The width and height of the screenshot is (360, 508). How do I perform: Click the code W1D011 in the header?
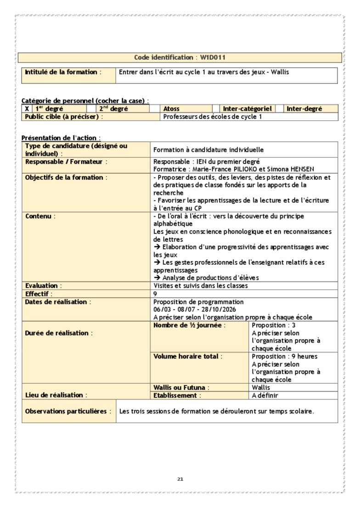[212, 58]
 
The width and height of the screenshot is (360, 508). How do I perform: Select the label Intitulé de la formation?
[61, 72]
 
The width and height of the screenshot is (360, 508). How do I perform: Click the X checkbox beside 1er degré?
[27, 109]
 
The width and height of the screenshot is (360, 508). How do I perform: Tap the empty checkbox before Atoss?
[156, 109]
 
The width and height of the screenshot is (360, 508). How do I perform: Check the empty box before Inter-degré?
[279, 109]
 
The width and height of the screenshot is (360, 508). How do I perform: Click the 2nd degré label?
[113, 109]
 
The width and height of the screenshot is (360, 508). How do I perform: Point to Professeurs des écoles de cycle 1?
[213, 117]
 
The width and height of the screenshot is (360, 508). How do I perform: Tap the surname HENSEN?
[300, 169]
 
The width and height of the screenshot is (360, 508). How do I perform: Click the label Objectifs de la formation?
[64, 177]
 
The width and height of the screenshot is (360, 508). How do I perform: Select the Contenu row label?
[39, 216]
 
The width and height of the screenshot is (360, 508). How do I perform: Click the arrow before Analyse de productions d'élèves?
[157, 278]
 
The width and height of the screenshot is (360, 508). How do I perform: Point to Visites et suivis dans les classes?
[200, 285]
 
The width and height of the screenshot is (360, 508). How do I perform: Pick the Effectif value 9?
[155, 293]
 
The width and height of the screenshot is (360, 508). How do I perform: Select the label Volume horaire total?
[187, 356]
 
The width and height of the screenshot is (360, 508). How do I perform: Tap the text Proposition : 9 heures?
[284, 356]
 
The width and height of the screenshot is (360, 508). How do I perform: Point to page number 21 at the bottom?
[180, 479]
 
